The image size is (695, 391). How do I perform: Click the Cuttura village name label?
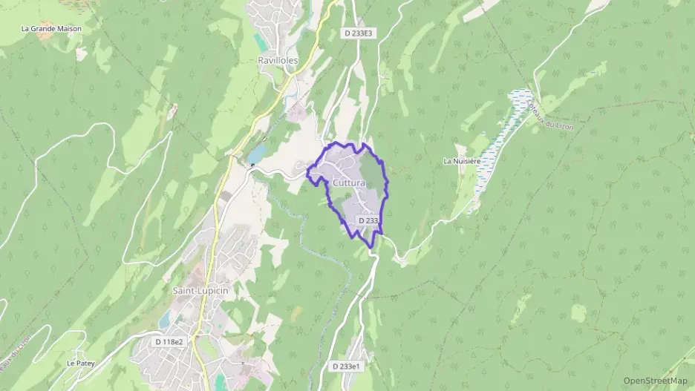click(x=349, y=183)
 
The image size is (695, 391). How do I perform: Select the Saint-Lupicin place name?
click(x=200, y=290)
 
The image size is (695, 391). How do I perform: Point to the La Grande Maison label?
click(x=51, y=29)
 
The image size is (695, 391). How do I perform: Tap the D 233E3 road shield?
click(x=358, y=33)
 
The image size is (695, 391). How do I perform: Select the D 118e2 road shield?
click(x=169, y=341)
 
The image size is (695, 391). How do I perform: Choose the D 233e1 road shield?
click(x=347, y=367)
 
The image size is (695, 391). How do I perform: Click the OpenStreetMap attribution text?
click(x=656, y=381)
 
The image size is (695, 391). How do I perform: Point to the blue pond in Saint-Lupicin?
click(x=163, y=320)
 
